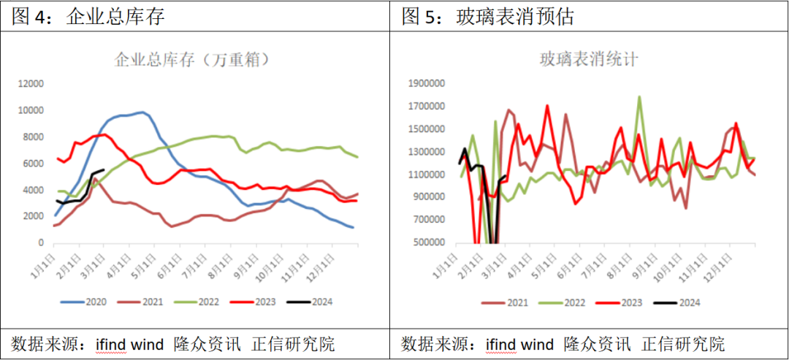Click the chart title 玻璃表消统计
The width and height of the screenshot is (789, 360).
pyautogui.click(x=588, y=59)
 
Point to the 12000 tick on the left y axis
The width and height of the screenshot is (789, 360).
pyautogui.click(x=31, y=84)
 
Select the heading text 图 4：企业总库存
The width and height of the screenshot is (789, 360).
pyautogui.click(x=88, y=16)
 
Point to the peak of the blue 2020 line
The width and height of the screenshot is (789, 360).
pyautogui.click(x=142, y=112)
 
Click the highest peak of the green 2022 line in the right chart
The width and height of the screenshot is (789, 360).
pyautogui.click(x=639, y=96)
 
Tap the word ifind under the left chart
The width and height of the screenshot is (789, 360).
pyautogui.click(x=112, y=344)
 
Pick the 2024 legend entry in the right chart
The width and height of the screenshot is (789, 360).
pyautogui.click(x=681, y=302)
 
